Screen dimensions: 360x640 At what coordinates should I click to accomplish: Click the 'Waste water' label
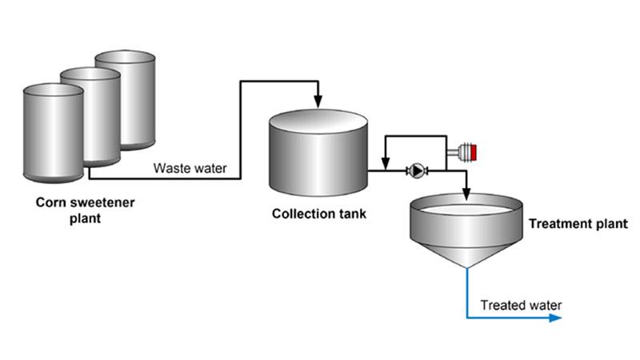[x=190, y=168]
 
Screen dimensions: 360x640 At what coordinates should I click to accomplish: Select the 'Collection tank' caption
[x=319, y=214]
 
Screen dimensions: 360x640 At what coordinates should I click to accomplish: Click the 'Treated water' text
[x=521, y=305]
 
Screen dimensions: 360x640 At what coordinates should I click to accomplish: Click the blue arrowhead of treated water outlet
[x=555, y=318]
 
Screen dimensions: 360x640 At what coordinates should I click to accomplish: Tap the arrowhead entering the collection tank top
[x=318, y=101]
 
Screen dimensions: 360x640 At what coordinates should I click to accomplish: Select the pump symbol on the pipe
[x=417, y=170]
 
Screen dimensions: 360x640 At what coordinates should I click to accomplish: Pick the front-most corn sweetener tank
[x=52, y=132]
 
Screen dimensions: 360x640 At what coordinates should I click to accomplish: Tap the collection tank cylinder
[x=318, y=156]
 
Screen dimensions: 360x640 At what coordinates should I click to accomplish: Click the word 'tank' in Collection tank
[x=353, y=214]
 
